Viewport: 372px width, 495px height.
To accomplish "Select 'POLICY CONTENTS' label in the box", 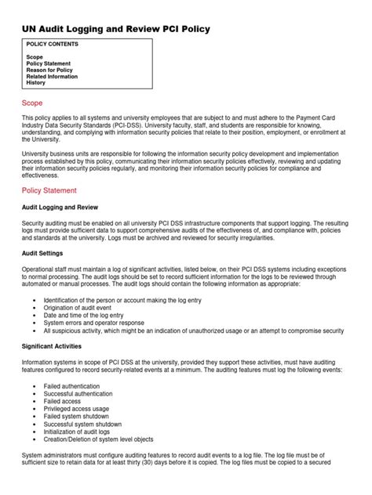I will tap(53, 45).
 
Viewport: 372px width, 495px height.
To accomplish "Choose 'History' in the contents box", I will tap(36, 82).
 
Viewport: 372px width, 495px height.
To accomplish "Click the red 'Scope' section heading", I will tap(32, 103).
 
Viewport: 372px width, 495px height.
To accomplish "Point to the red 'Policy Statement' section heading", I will tap(49, 190).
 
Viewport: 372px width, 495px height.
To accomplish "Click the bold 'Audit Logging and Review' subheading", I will tap(60, 208).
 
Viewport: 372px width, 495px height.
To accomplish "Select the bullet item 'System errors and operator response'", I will tap(93, 322).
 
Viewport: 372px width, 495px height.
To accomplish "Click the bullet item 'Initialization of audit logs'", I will tap(82, 431).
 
